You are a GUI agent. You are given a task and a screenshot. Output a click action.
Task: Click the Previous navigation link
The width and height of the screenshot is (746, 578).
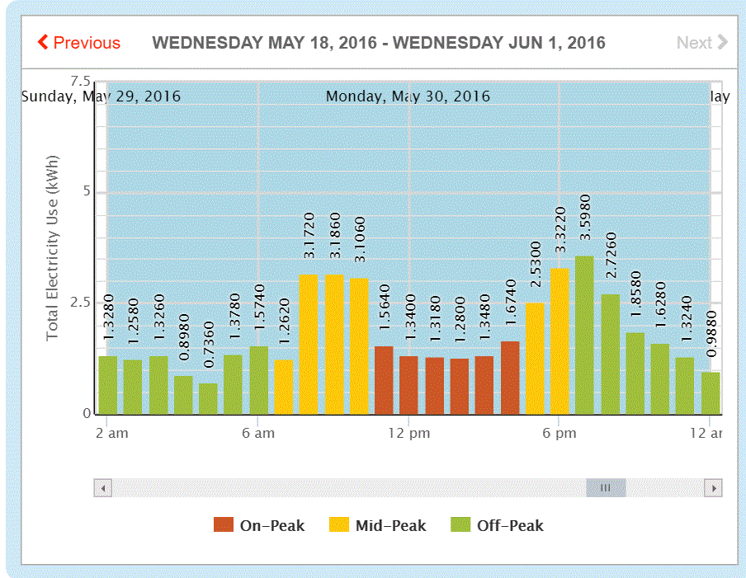click(x=79, y=43)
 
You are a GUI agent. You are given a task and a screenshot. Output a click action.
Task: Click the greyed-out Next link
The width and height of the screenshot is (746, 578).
click(x=701, y=43)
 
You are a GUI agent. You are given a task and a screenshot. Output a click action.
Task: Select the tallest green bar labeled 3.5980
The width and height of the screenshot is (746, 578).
click(x=584, y=335)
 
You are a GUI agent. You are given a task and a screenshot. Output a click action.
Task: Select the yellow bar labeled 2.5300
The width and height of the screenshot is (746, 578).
click(x=535, y=358)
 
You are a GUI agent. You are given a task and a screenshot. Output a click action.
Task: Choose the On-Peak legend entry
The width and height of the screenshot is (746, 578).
click(x=259, y=525)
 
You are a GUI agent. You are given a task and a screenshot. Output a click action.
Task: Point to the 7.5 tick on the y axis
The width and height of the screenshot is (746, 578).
click(x=80, y=81)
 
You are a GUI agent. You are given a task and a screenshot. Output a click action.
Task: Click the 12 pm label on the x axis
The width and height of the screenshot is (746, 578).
click(x=408, y=433)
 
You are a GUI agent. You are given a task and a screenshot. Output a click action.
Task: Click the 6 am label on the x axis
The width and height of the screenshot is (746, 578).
click(x=258, y=433)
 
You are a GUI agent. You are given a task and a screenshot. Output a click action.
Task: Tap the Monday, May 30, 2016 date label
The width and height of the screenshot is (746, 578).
click(x=408, y=96)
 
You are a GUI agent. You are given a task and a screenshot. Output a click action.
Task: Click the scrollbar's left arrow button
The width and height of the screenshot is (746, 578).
click(x=103, y=488)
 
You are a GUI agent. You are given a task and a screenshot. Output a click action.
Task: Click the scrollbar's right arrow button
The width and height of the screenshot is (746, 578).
click(x=713, y=488)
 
